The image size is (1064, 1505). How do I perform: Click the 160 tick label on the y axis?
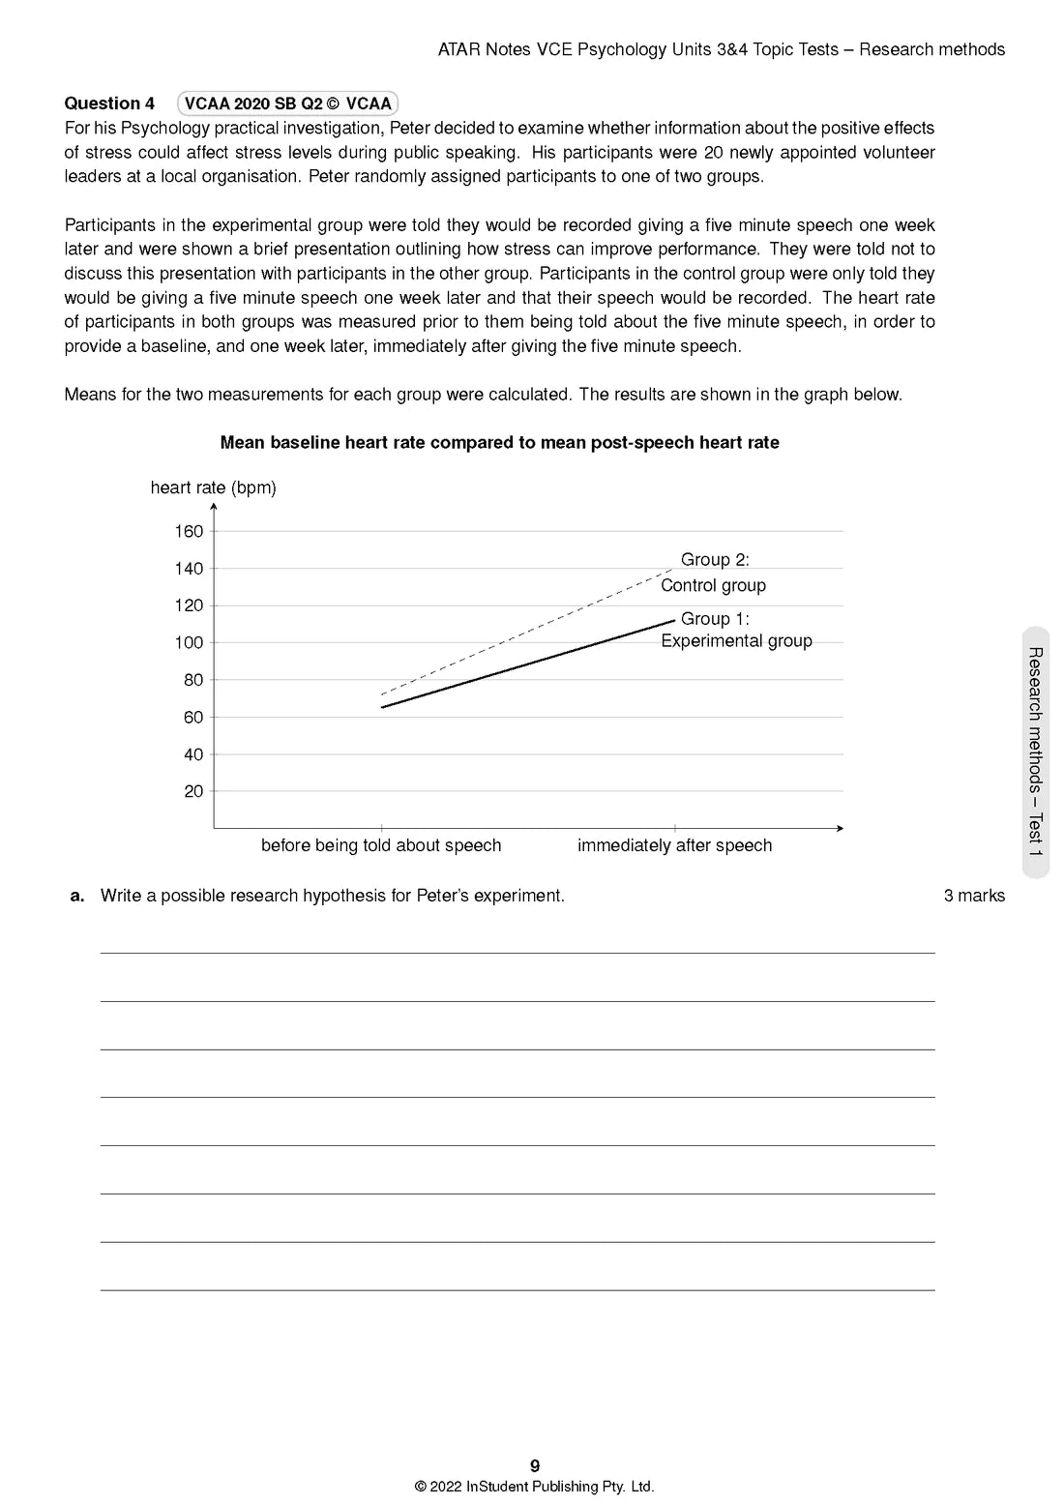pos(189,531)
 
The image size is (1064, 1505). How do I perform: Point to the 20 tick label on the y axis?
pos(193,791)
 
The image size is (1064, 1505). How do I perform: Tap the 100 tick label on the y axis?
pos(189,642)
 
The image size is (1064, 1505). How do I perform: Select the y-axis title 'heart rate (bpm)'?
pos(213,487)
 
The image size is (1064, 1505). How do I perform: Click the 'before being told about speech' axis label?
pos(381,845)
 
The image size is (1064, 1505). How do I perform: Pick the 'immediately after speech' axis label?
pos(674,845)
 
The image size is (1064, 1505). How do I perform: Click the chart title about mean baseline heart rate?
pos(499,443)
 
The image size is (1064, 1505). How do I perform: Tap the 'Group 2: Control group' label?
pos(714,573)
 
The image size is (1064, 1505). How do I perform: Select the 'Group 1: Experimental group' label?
pos(736,630)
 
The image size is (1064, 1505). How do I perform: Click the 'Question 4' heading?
pos(109,103)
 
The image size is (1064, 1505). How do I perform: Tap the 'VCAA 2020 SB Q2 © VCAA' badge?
pos(287,103)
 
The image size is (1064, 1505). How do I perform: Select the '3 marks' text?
pos(974,896)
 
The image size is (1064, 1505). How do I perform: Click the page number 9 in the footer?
pos(535,1465)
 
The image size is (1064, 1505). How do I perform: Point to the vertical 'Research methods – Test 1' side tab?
pos(1035,752)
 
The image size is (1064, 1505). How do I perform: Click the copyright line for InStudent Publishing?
pos(534,1487)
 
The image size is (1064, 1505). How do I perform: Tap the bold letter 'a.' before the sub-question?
pos(77,896)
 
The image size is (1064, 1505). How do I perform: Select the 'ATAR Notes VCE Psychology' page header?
pos(721,49)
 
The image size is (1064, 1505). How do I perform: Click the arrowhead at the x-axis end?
pos(840,828)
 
